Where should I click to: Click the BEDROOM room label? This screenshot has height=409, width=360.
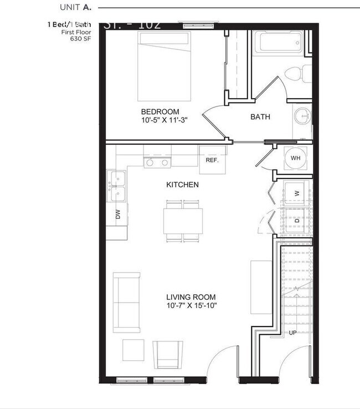point(160,111)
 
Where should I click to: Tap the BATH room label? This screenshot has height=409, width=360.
point(260,117)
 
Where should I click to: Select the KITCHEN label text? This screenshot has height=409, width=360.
point(182,185)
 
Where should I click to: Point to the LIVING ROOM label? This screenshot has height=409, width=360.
point(191,297)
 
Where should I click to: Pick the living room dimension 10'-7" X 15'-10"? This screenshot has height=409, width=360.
point(191,305)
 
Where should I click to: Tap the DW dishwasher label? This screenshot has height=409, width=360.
point(117,214)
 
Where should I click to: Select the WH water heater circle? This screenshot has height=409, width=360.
point(295,158)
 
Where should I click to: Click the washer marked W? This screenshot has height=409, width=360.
point(296,193)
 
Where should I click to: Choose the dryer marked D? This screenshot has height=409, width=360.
point(296,221)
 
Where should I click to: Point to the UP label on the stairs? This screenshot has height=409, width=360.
point(292,333)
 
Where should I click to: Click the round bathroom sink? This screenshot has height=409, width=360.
point(302,116)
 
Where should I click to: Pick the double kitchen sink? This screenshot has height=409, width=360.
point(117,187)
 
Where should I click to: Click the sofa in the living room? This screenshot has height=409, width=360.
point(126,302)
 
